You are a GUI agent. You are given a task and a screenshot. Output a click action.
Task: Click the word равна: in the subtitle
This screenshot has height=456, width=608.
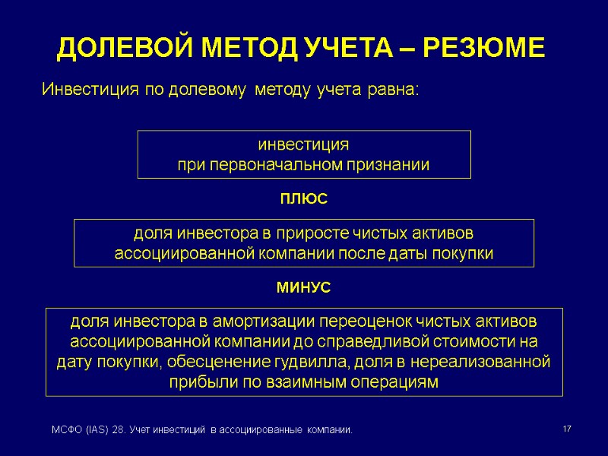point(394,90)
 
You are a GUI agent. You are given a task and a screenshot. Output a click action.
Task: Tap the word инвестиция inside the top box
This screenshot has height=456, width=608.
point(304,144)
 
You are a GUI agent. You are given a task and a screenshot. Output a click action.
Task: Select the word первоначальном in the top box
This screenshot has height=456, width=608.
point(280,165)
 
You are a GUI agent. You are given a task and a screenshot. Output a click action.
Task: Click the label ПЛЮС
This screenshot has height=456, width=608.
point(304,200)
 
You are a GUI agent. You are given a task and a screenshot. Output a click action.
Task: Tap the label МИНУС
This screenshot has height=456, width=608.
point(304,289)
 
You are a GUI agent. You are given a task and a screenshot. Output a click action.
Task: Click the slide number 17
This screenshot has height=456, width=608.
point(566,431)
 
